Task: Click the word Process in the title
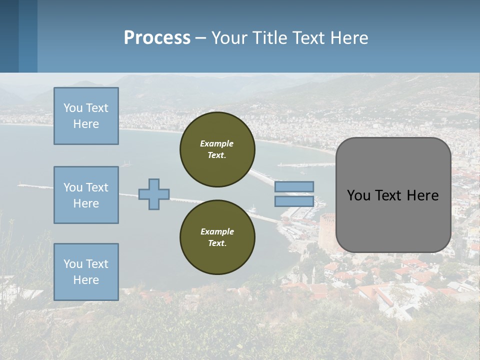click(x=157, y=38)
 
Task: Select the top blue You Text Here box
click(x=86, y=116)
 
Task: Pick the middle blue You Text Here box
click(x=86, y=195)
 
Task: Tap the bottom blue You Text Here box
click(x=86, y=272)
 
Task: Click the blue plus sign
click(x=154, y=194)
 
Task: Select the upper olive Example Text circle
click(x=217, y=149)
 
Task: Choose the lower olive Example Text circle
click(x=217, y=237)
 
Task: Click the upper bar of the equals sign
click(x=294, y=186)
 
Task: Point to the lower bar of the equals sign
click(x=294, y=201)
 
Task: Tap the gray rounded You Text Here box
click(x=393, y=195)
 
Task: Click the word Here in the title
click(x=350, y=38)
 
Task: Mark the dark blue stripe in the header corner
click(x=9, y=36)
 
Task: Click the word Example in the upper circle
click(x=217, y=143)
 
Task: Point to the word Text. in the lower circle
click(x=217, y=243)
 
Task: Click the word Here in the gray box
click(x=422, y=195)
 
